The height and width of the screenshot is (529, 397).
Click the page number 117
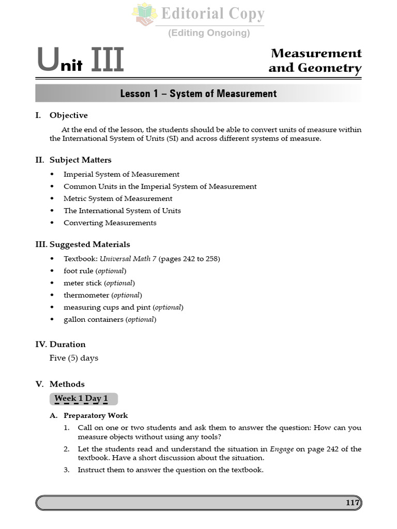click(x=353, y=503)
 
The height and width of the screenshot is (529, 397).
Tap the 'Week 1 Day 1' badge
click(x=84, y=398)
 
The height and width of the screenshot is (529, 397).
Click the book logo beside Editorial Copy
click(x=144, y=14)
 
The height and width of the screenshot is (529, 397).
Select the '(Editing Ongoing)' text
click(x=209, y=33)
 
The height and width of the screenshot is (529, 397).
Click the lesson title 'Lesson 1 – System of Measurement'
click(x=198, y=94)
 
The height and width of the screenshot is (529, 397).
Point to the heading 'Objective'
click(x=69, y=115)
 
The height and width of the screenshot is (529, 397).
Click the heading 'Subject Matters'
click(x=80, y=160)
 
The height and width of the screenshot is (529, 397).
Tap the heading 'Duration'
click(x=67, y=345)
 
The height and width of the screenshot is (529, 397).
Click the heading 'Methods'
click(x=67, y=384)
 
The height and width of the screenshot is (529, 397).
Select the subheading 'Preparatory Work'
click(x=96, y=415)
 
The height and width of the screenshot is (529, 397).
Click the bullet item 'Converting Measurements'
click(x=110, y=223)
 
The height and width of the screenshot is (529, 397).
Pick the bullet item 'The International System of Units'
click(x=122, y=211)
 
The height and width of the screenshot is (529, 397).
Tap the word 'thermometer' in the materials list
click(x=86, y=295)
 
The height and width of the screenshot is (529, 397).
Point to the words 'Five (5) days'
click(x=73, y=358)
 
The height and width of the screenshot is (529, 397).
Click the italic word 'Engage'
click(x=282, y=449)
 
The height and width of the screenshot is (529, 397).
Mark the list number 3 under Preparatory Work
click(x=67, y=470)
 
